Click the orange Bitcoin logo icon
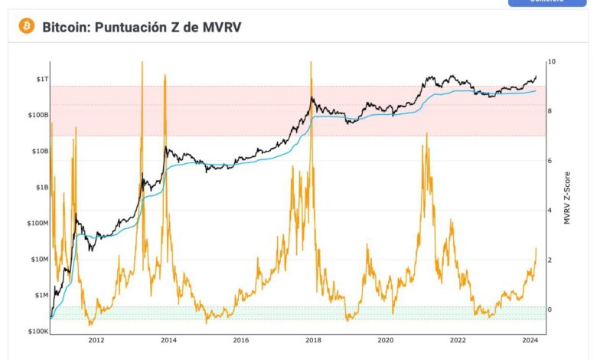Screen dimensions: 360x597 pyautogui.click(x=27, y=26)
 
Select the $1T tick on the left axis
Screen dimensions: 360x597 pyautogui.click(x=41, y=79)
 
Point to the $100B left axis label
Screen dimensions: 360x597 pyautogui.click(x=38, y=115)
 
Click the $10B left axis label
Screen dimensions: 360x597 pyautogui.click(x=39, y=151)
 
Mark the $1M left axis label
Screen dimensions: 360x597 pyautogui.click(x=41, y=295)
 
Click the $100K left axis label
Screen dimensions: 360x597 pyautogui.click(x=38, y=331)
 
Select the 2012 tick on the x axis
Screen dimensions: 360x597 pyautogui.click(x=96, y=339)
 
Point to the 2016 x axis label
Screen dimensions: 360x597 pyautogui.click(x=241, y=339)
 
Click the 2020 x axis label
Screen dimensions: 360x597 pyautogui.click(x=386, y=339)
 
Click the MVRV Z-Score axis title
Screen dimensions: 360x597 pyautogui.click(x=567, y=198)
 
